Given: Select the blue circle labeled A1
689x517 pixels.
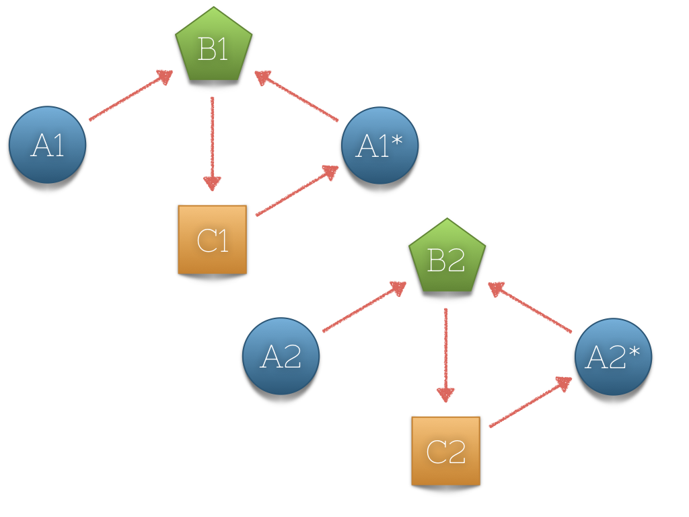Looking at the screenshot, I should pos(48,145).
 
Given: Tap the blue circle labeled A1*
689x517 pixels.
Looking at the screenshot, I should pos(379,145).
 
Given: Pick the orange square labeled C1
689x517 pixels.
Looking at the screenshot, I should pos(213,240).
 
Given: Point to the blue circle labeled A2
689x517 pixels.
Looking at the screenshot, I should pos(281,356).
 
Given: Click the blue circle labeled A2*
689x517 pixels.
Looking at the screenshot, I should pos(613,357).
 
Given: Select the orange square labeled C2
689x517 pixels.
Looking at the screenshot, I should pos(446,451).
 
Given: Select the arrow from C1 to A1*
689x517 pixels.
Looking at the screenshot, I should pos(296,191).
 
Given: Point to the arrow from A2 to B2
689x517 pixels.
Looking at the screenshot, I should pos(364,308).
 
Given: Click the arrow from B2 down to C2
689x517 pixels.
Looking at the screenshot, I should pos(445,354).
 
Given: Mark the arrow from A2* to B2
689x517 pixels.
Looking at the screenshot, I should pos(530,308).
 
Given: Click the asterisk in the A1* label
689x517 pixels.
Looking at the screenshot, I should pos(402,138).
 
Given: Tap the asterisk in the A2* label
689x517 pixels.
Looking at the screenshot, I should pos(634,349).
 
